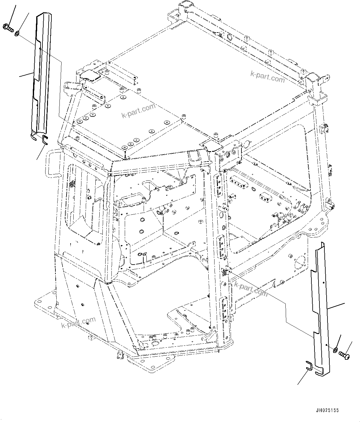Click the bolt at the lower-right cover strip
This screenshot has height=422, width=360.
[x=344, y=355]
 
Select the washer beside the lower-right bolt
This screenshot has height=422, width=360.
[x=335, y=350]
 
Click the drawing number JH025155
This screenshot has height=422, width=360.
[x=327, y=410]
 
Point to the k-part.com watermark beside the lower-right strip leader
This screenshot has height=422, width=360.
[x=251, y=288]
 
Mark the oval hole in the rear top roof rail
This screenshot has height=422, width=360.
[x=229, y=37]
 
